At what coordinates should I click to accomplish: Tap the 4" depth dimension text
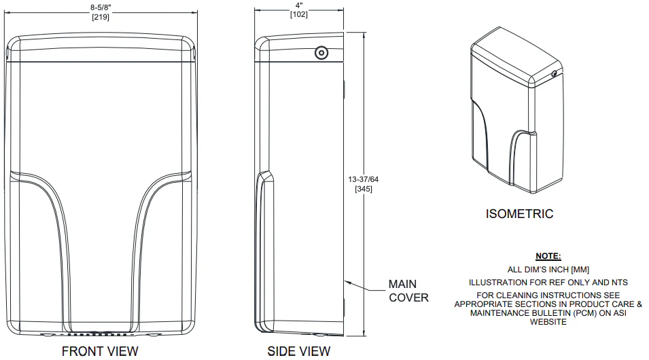[x=298, y=7]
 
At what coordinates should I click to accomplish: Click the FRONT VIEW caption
[x=100, y=351]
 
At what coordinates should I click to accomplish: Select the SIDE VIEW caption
[x=299, y=351]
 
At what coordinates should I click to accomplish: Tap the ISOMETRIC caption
[x=519, y=214]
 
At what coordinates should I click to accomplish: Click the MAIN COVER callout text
[x=408, y=291]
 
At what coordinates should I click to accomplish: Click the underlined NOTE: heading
[x=548, y=256]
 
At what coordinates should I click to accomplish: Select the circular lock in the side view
[x=320, y=52]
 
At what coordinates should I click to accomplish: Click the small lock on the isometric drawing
[x=555, y=73]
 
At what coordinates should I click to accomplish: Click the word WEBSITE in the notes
[x=548, y=322]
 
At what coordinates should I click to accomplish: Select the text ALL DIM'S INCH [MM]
[x=548, y=269]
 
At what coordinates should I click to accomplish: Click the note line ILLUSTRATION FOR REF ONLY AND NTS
[x=548, y=282]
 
